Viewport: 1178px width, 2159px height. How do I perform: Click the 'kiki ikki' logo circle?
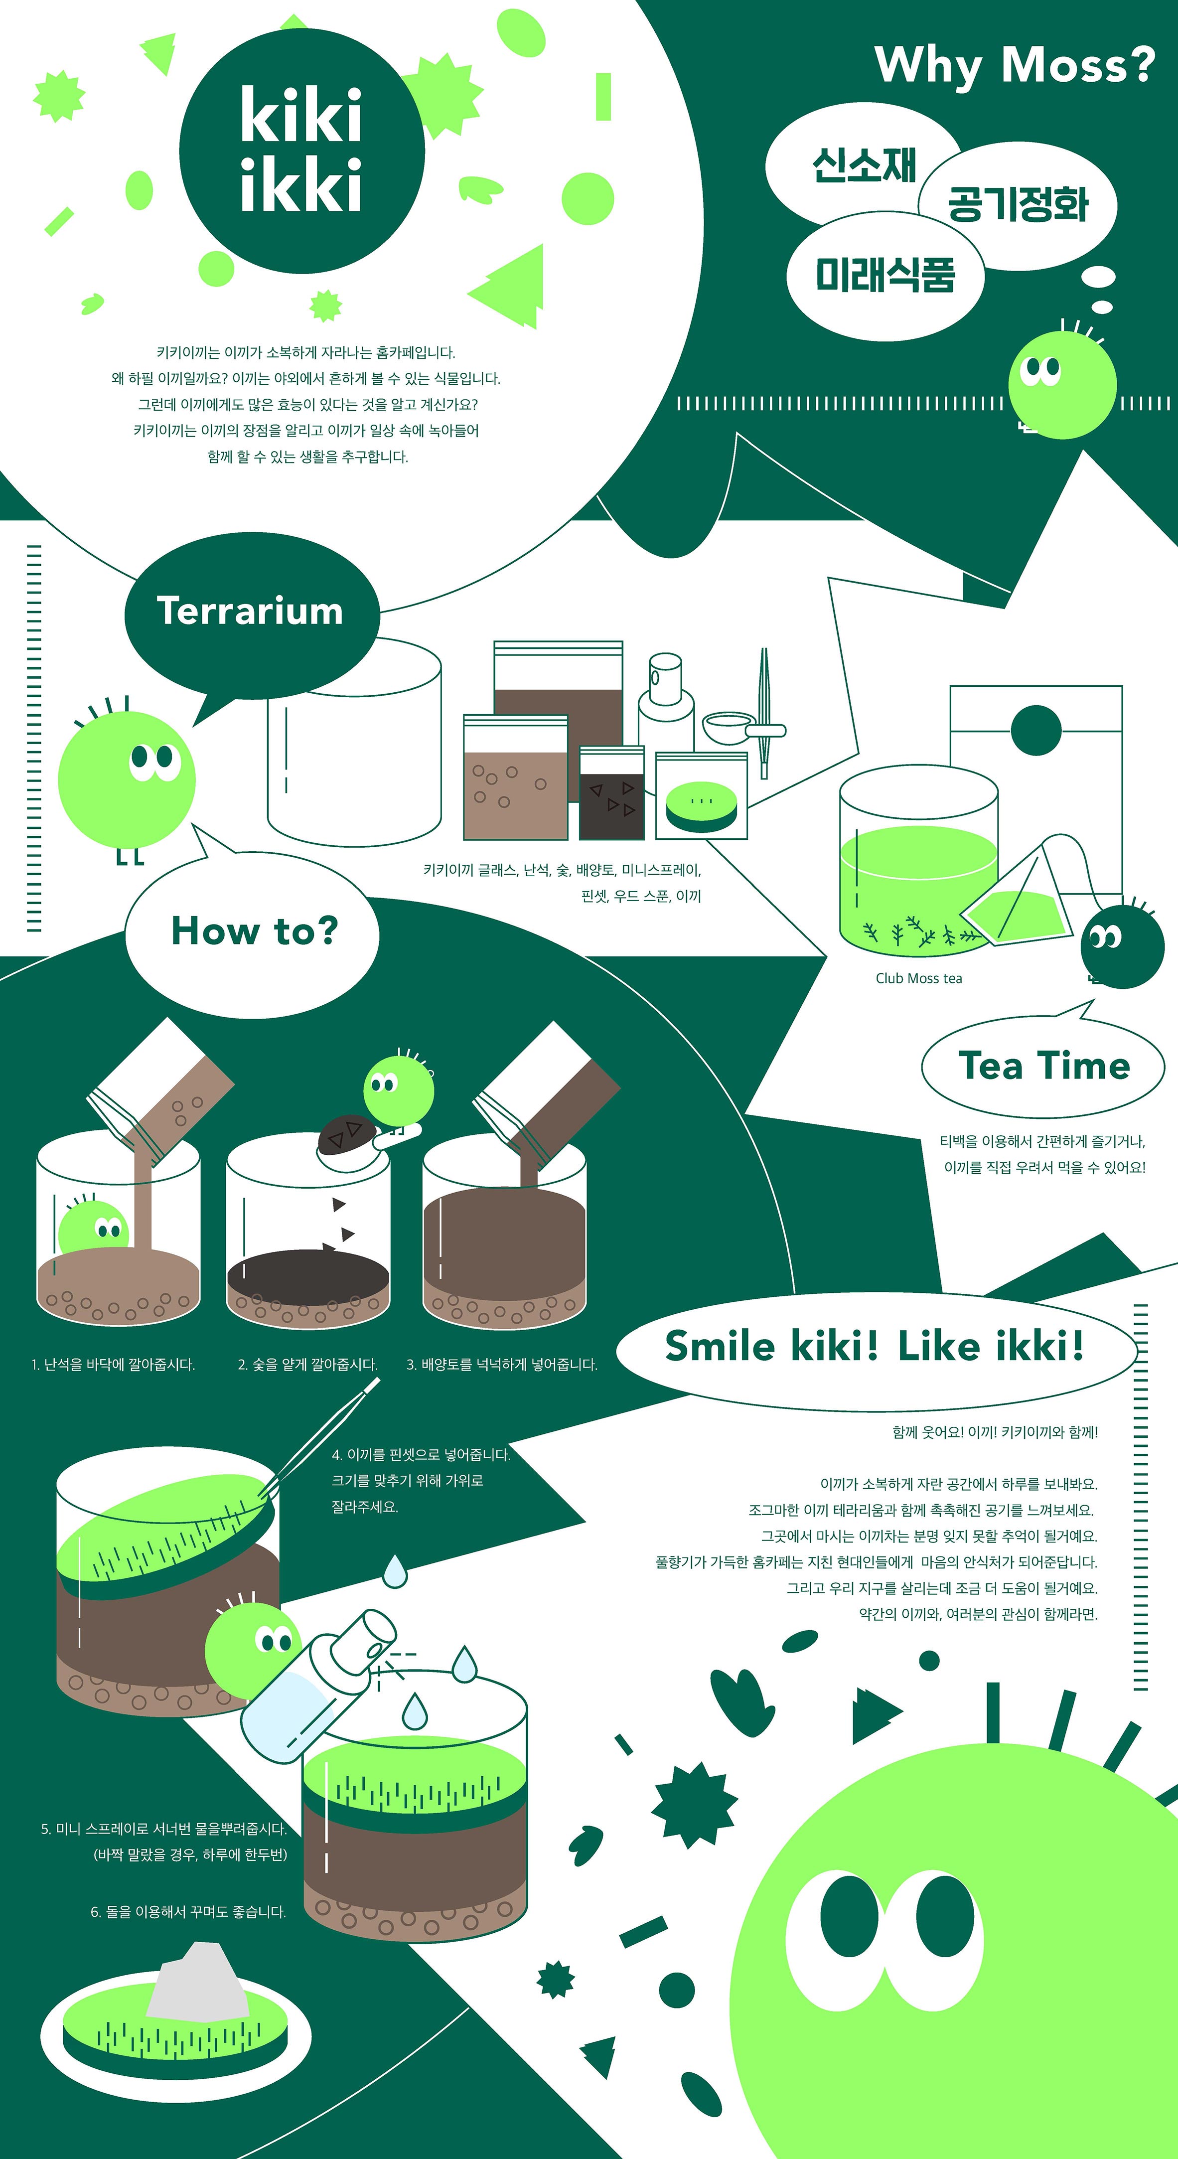pos(301,151)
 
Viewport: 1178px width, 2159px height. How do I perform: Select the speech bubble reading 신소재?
pos(863,164)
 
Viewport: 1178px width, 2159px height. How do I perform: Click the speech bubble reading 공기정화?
pos(1018,205)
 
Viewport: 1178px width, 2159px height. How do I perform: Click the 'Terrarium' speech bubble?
pos(251,620)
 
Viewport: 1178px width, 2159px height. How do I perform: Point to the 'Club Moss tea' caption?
pos(918,978)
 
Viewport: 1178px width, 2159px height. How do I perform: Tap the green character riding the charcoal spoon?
pos(399,1088)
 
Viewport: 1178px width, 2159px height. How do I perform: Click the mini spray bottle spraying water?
pos(318,1685)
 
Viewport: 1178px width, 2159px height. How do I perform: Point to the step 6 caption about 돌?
pos(188,1912)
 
